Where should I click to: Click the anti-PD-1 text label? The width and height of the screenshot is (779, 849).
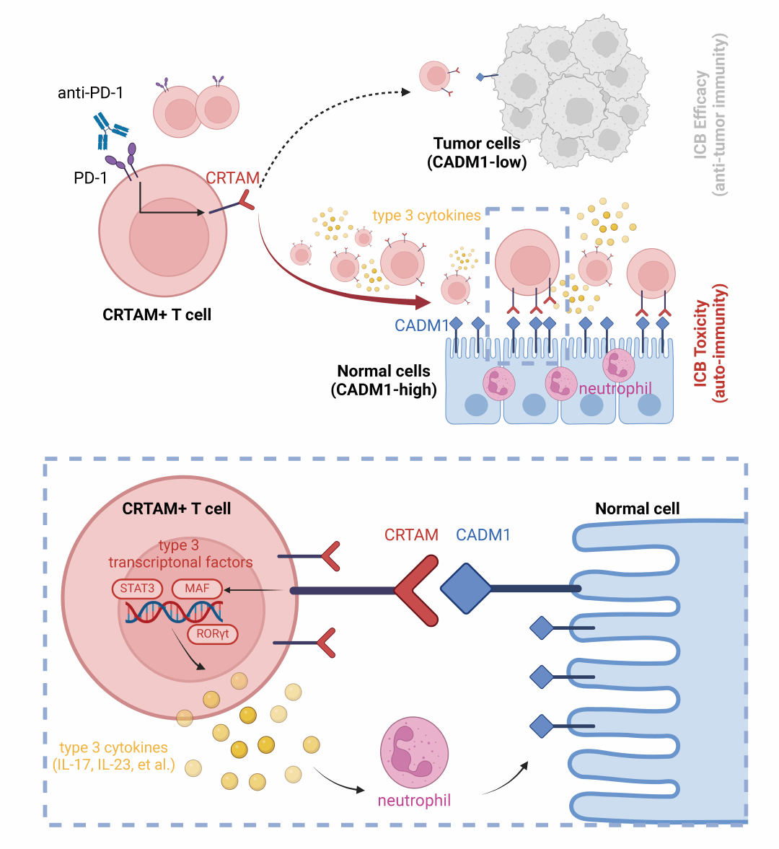(90, 93)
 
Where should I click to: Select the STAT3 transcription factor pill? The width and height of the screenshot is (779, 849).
(137, 589)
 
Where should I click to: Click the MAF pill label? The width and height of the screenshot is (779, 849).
(197, 589)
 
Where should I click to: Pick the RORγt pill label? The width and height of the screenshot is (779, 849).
(212, 634)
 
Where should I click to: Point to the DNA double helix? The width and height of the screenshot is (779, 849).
(174, 612)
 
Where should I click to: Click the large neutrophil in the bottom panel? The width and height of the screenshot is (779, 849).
(414, 752)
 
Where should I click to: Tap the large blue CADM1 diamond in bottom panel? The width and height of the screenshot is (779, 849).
(465, 589)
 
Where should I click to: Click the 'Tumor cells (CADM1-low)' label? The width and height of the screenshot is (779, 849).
(477, 153)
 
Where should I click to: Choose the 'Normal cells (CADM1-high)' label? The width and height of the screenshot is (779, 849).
(384, 381)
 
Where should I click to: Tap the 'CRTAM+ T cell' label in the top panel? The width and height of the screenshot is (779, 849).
(157, 314)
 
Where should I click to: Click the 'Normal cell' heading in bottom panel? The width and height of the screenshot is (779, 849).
(637, 509)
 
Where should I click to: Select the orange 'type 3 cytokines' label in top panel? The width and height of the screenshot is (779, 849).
(426, 216)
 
